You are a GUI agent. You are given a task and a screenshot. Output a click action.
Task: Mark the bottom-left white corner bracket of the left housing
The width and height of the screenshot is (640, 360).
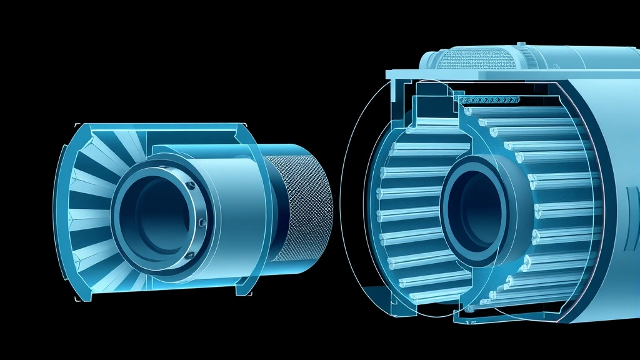point(78,299)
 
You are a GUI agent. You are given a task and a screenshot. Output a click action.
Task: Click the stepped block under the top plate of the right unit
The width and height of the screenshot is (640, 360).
point(431,103)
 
